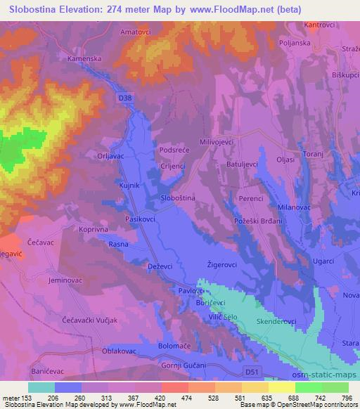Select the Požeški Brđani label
pyautogui.click(x=255, y=221)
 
